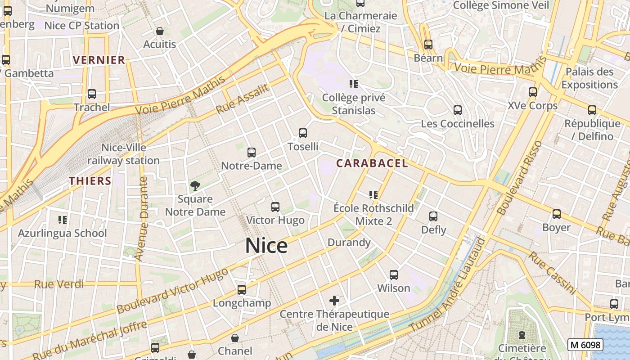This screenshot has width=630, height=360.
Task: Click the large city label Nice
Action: point(266,246)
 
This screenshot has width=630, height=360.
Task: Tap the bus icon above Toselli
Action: point(303,133)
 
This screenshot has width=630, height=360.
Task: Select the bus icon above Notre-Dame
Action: point(252,153)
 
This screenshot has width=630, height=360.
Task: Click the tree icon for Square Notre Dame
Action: point(195,185)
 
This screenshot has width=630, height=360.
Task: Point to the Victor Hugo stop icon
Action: point(275,207)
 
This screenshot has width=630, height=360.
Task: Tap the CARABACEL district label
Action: point(372,163)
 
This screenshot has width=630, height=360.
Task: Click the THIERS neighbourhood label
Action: point(90,181)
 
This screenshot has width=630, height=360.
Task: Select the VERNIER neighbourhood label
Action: point(99,60)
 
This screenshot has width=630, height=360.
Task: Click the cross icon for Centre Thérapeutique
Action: point(334,300)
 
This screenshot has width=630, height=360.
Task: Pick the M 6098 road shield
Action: point(585,345)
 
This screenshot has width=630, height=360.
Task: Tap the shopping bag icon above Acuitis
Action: point(160,31)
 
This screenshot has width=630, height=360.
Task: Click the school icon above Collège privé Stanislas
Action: point(354,84)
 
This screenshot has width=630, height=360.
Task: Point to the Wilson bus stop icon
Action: point(394,274)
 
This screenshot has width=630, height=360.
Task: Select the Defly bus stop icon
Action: point(433,216)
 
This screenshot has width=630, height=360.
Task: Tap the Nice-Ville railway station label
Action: point(123,154)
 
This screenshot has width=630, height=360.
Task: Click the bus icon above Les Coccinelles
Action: point(458,110)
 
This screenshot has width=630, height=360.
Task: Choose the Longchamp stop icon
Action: point(242,289)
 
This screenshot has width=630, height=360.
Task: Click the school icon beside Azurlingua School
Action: point(63,220)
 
